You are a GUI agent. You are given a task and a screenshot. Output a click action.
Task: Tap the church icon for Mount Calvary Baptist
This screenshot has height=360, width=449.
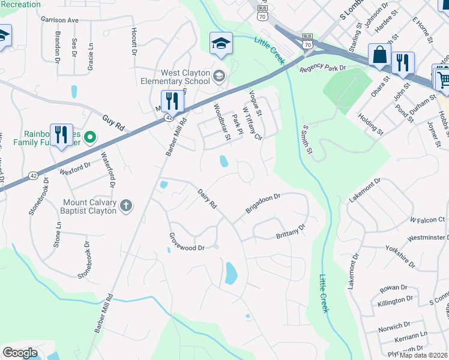tap(126, 206)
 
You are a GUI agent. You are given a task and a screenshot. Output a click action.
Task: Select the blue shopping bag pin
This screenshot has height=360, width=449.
tap(380, 56)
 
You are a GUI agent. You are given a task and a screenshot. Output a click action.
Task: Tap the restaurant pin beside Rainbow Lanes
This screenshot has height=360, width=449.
tap(61, 135)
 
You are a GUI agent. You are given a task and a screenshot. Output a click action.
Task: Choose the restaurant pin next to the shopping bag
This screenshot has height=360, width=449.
tap(403, 62)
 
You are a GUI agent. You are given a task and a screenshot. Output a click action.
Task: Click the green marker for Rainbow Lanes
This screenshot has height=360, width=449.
tap(90, 138)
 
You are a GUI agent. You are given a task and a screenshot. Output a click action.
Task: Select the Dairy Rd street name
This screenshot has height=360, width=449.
tap(207, 199)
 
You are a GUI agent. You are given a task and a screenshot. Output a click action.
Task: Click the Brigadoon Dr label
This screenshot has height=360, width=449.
tap(263, 203)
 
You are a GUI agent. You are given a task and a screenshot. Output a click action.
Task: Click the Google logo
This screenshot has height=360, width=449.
tap(20, 353)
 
